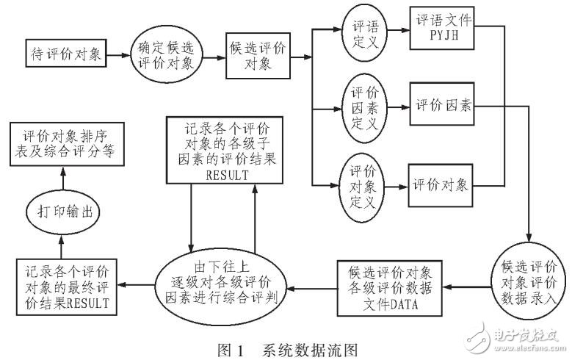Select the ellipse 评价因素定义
coord(360,107)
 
